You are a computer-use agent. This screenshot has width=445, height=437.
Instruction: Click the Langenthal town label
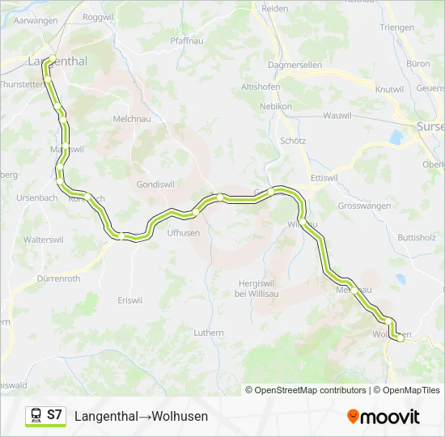coord(57,61)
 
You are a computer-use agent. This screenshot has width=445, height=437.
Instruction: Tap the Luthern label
coord(209,332)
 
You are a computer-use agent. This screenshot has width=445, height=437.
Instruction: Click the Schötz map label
coord(292,140)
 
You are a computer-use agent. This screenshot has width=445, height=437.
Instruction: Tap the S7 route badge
coord(54,415)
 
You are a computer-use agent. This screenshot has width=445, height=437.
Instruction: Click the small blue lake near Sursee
coord(396,138)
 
